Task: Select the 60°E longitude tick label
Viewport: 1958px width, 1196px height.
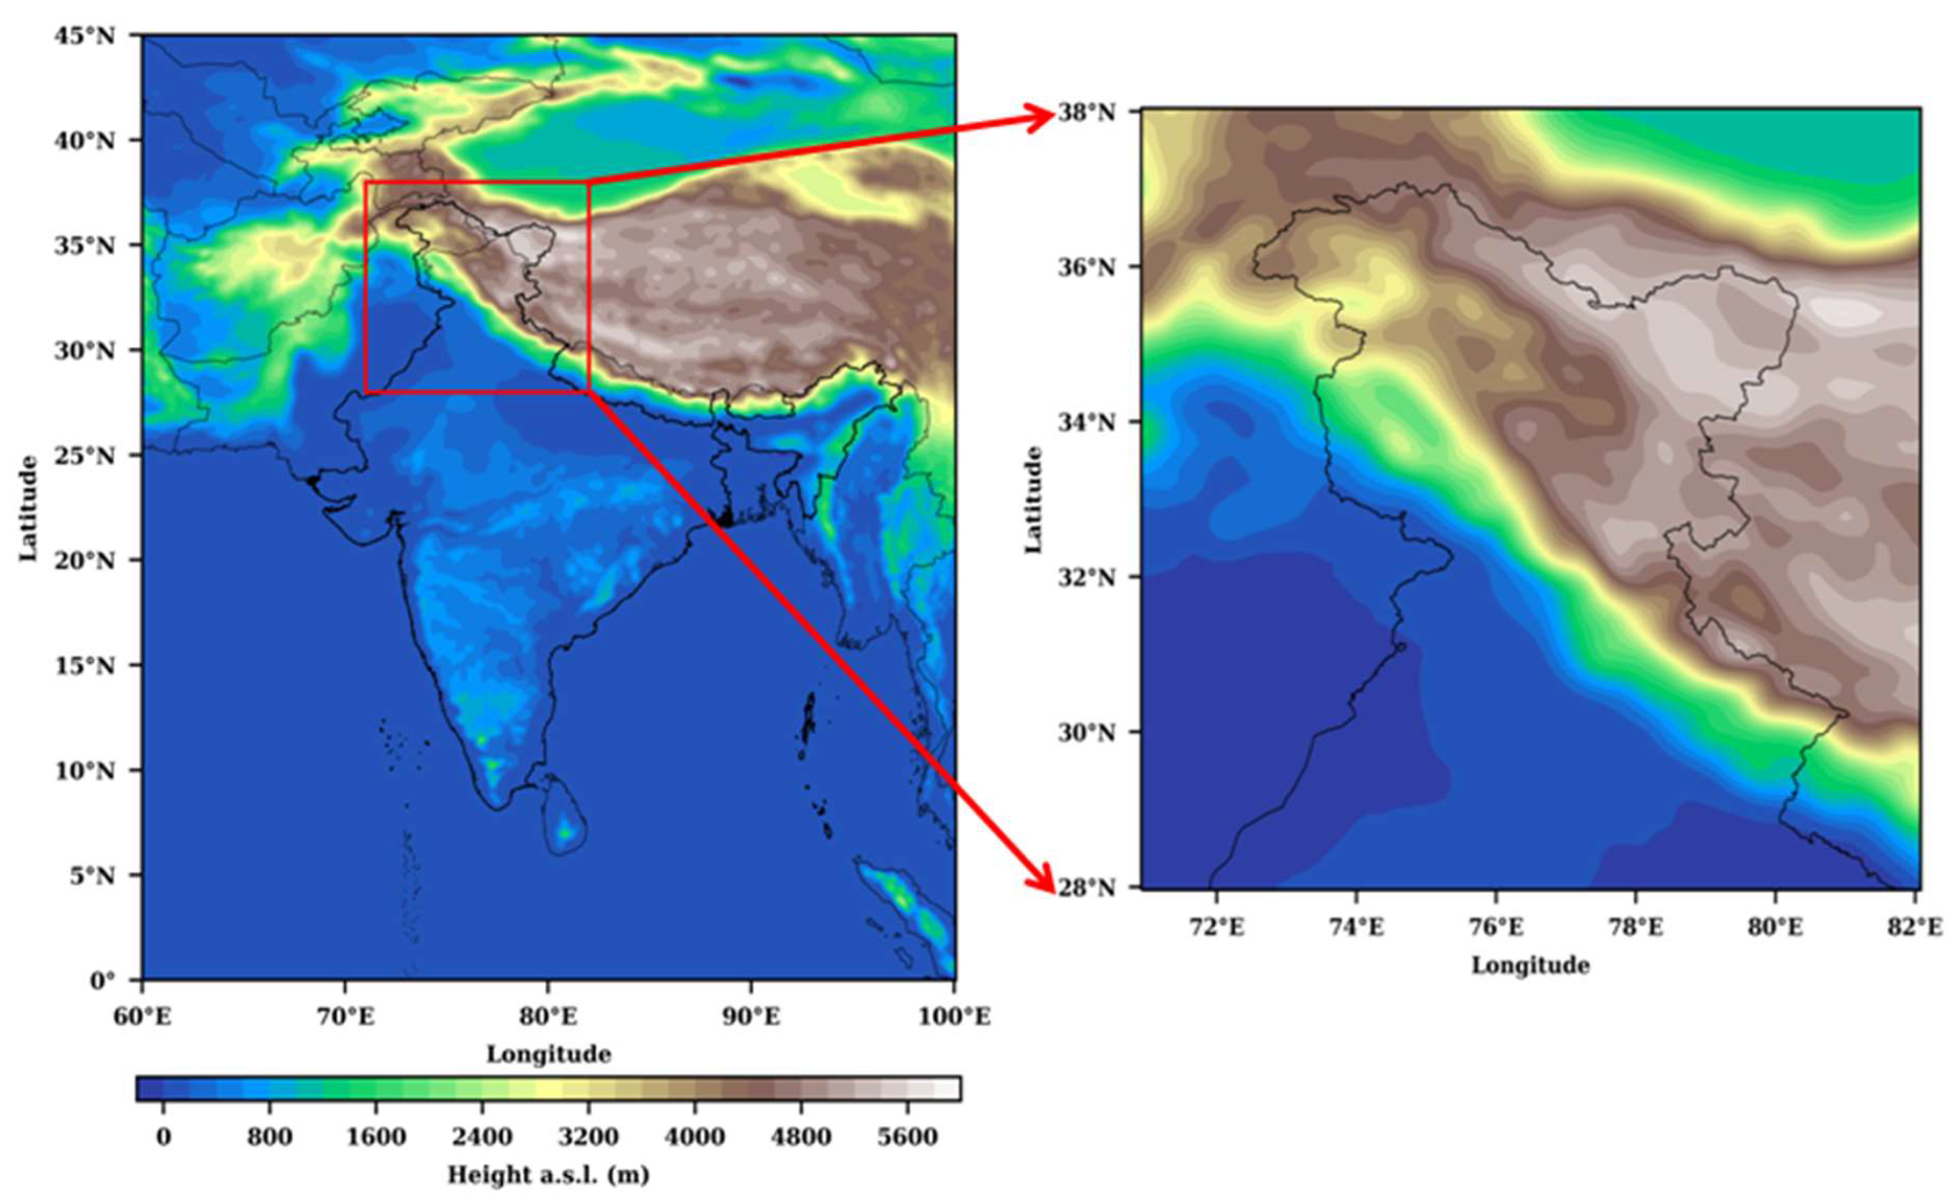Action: coord(143,1017)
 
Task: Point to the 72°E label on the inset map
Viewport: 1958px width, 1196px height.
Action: coord(1217,927)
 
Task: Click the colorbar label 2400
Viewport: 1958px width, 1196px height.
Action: coord(482,1137)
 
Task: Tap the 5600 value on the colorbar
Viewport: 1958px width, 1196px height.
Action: coord(908,1137)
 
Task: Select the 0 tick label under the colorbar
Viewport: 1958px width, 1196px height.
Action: coord(163,1137)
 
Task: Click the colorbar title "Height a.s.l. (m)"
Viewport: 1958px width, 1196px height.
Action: coord(548,1175)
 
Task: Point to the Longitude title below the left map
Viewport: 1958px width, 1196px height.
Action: coord(548,1055)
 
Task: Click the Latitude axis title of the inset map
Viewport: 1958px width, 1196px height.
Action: coord(1033,499)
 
